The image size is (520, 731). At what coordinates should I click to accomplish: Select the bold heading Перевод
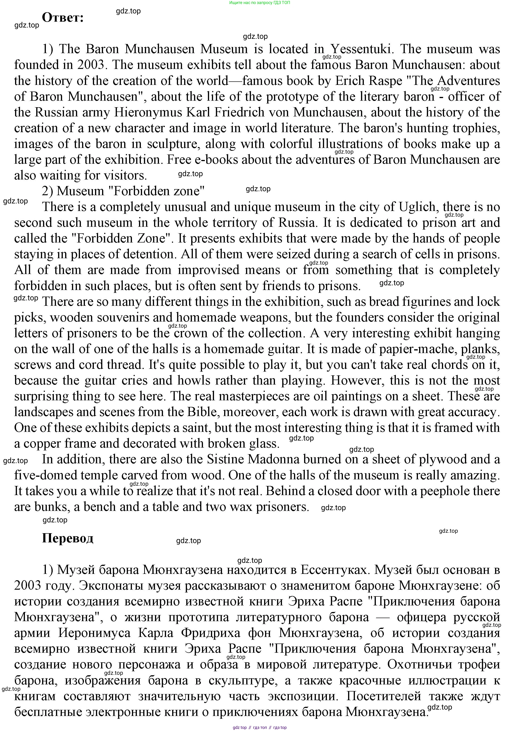67,538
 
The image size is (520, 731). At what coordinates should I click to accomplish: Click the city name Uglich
418,207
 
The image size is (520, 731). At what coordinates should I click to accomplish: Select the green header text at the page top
260,3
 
